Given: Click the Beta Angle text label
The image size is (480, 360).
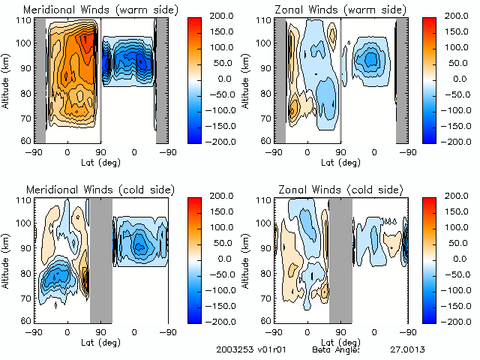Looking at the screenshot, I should (x=336, y=349).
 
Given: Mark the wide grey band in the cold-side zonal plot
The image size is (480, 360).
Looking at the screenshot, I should (x=340, y=259).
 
